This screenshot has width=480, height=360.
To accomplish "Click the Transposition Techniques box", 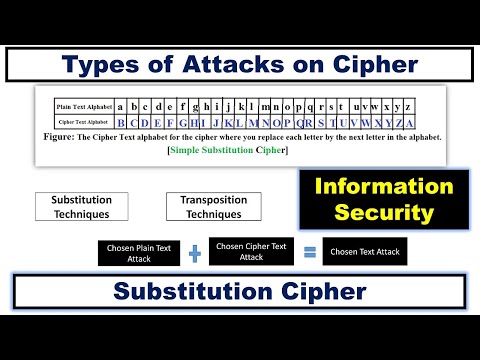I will click(213, 207).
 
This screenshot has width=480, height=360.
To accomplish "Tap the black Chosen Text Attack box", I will click(365, 252).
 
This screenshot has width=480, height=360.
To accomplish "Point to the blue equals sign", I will click(309, 252).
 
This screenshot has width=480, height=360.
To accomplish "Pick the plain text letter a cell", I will click(121, 105).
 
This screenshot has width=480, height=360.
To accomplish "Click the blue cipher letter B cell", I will click(121, 122).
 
